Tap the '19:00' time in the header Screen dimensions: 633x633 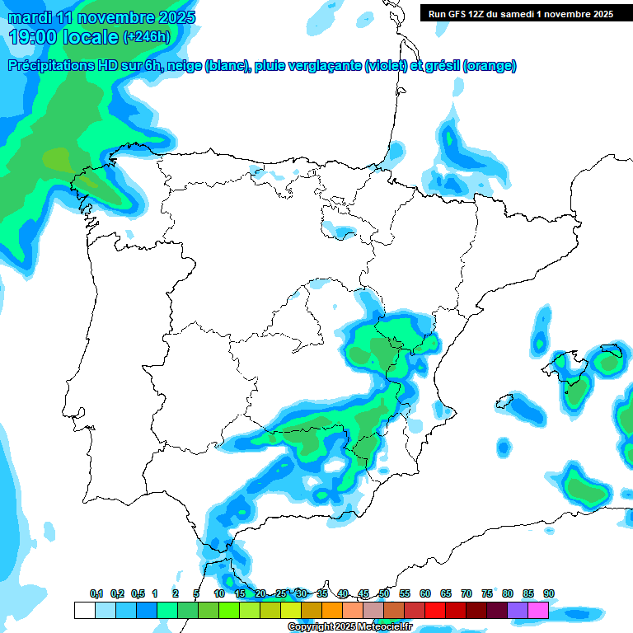coord(34,37)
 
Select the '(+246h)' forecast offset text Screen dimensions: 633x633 coord(146,37)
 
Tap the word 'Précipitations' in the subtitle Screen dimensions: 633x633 coord(51,66)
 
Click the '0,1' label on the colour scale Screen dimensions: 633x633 coord(96,593)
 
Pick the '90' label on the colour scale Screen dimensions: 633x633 coord(548,593)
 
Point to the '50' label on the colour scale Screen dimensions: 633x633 coord(384,593)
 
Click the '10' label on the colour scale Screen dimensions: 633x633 coord(219,593)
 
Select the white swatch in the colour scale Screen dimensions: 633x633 coord(84,610)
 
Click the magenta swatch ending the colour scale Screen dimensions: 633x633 coord(538,610)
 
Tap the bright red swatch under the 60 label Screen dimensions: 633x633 coord(434,610)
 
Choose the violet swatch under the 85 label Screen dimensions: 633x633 coord(518,610)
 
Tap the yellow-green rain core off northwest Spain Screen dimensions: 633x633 coord(58,157)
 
